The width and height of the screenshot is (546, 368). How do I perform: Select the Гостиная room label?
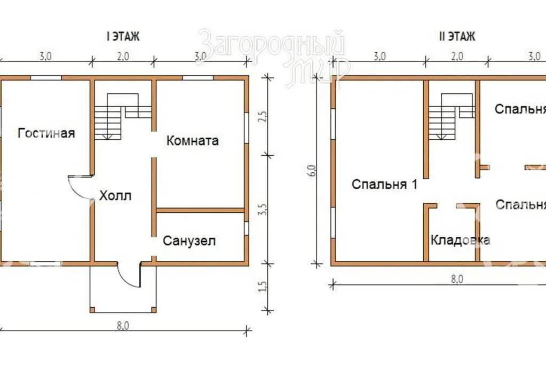coord(46,133)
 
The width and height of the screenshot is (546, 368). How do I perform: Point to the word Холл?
coord(115,196)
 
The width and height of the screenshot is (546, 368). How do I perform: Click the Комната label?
coord(193,141)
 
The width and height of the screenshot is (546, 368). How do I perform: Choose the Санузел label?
coord(189,241)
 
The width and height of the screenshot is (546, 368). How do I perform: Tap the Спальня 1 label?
coord(384,185)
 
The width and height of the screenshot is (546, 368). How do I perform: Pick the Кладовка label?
coord(461,240)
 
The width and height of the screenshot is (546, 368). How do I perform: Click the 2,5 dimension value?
coord(262,117)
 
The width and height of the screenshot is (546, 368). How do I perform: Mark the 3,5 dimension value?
coord(262,209)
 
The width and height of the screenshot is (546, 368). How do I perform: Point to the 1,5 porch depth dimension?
coord(262,287)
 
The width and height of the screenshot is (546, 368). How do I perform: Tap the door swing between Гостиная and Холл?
coord(80,187)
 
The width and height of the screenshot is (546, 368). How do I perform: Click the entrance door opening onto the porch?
coord(128,274)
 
